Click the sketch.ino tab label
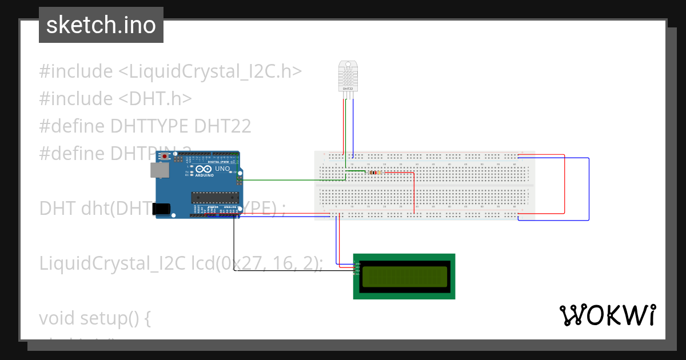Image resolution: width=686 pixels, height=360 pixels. [x=101, y=25]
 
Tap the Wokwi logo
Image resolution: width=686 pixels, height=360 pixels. [x=607, y=315]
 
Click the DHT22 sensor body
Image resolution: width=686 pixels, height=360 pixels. [x=348, y=77]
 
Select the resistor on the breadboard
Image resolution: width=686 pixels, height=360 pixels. [x=374, y=172]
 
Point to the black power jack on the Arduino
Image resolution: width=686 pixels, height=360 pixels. [x=163, y=209]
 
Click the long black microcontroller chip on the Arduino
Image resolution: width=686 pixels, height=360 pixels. [x=214, y=197]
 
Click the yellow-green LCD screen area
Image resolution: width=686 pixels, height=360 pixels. [x=404, y=276]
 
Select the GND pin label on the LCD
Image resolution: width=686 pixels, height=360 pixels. [x=357, y=263]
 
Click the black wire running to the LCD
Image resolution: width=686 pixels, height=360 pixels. [x=286, y=271]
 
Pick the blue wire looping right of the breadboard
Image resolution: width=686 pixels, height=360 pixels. [x=588, y=189]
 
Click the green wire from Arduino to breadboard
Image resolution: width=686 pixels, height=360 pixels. [x=292, y=179]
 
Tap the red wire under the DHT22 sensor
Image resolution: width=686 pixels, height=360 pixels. [x=344, y=126]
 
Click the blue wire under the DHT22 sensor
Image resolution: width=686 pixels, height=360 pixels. [x=353, y=126]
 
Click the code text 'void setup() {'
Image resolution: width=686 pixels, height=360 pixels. [x=95, y=318]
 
